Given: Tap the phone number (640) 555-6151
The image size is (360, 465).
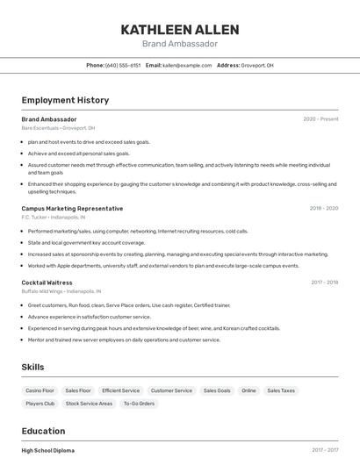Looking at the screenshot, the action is click(123, 65).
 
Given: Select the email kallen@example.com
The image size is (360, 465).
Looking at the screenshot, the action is click(187, 65).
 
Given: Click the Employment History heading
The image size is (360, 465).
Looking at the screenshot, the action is click(65, 100).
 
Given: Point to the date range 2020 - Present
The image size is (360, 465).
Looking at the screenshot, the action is click(320, 118).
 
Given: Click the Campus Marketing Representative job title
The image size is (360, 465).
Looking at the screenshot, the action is click(72, 209).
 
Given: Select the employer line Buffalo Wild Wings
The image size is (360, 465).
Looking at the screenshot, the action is click(61, 290).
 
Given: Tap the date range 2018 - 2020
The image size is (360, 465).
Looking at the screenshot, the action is click(324, 209).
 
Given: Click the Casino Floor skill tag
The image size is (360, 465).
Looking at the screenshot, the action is click(40, 390).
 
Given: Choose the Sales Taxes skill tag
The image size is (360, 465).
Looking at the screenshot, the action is click(281, 390).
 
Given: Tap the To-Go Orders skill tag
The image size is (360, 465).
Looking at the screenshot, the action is click(139, 404).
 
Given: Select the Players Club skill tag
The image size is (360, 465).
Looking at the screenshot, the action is click(40, 404).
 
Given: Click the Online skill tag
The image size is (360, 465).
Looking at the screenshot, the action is click(248, 390).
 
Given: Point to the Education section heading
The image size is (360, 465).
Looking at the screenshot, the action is click(43, 431).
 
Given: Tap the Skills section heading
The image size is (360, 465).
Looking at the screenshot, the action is click(32, 367).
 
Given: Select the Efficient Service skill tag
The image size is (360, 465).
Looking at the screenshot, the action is click(120, 390).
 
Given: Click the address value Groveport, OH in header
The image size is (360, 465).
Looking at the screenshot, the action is click(258, 65).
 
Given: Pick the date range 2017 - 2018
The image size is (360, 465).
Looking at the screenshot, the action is click(324, 283).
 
